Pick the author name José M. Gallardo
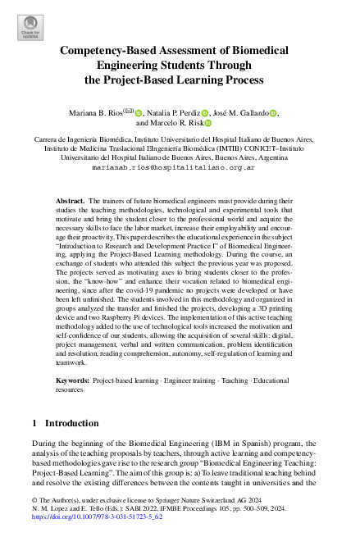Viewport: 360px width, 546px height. (x=242, y=112)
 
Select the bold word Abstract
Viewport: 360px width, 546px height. (x=69, y=200)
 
